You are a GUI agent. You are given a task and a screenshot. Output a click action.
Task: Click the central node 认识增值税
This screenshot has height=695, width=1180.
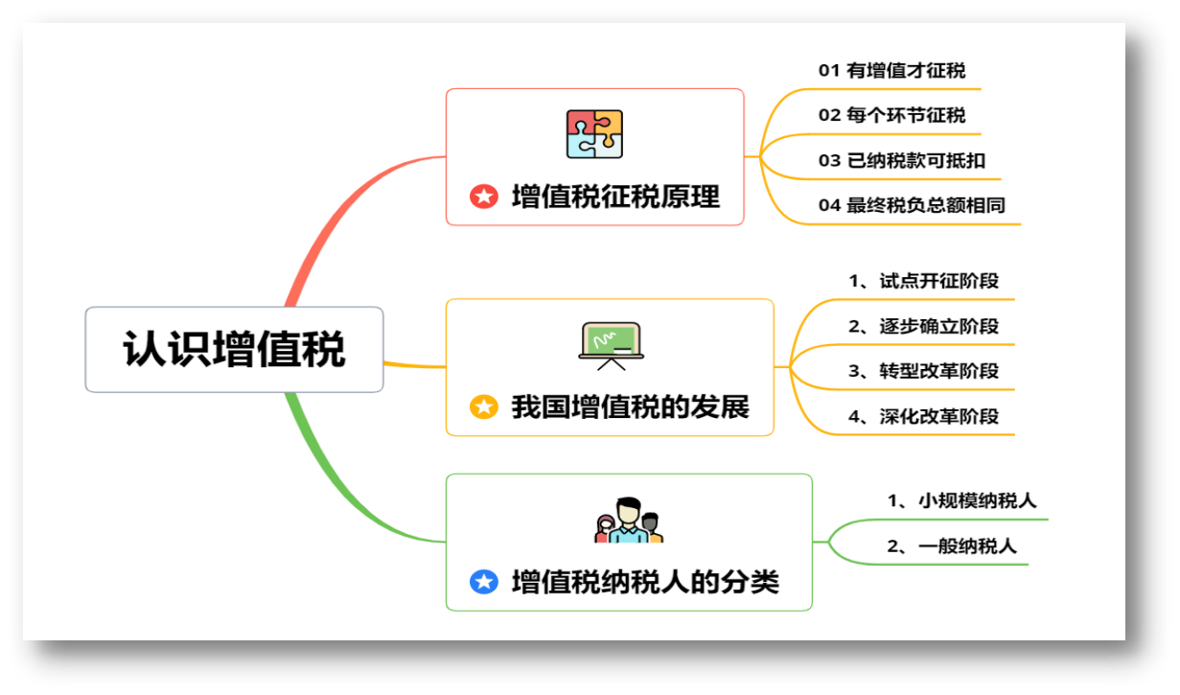coord(234,349)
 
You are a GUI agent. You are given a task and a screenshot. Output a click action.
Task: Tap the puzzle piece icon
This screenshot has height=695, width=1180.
coord(594,134)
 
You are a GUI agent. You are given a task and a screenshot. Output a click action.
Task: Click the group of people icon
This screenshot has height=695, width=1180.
coord(629,521)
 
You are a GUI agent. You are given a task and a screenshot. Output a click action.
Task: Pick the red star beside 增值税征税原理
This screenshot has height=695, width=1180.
coord(484,197)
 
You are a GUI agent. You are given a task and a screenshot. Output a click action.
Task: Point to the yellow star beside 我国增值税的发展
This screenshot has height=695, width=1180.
coord(484,406)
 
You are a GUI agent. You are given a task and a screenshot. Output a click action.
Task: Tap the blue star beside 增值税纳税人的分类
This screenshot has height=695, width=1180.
coord(484,581)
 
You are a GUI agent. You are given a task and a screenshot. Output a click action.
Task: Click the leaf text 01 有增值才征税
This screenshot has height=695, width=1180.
coord(891,70)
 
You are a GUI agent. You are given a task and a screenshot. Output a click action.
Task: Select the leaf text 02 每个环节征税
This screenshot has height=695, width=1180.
coord(891,115)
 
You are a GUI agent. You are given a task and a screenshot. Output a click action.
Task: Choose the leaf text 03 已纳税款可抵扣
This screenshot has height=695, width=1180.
coord(901,160)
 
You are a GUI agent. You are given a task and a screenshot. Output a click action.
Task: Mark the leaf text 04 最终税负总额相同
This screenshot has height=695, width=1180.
coord(912,205)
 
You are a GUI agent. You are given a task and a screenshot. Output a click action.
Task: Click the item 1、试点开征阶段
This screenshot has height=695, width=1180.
coord(923,281)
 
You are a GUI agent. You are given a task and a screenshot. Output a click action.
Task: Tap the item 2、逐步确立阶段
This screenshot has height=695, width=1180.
coord(923,326)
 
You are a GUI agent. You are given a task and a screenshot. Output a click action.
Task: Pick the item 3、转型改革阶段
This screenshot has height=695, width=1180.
coord(923,371)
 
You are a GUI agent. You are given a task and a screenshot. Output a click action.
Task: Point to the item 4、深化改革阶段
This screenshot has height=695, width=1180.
coord(923,416)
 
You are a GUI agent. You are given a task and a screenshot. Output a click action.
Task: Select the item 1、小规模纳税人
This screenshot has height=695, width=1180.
coord(961,500)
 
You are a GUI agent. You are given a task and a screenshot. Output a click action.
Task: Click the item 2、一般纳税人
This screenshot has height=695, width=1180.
coord(952,545)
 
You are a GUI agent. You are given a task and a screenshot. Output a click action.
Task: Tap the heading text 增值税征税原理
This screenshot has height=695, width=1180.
coord(615,197)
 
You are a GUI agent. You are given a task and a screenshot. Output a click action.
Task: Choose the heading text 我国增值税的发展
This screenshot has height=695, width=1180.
coord(630,406)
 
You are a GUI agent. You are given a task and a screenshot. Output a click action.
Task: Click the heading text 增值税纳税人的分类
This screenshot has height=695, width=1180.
coord(645,581)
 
